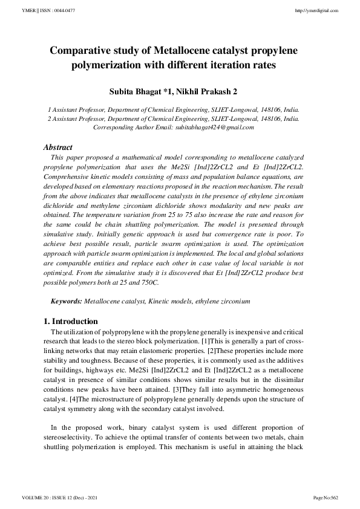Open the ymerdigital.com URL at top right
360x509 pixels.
click(318, 11)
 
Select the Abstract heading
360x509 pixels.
click(58, 147)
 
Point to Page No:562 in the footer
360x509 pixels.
click(327, 497)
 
